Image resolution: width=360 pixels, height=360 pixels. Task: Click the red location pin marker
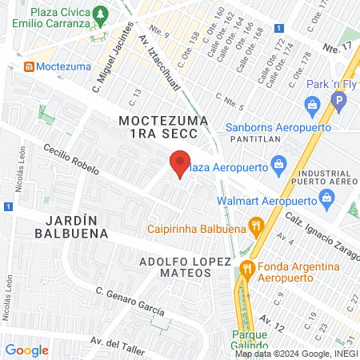180,163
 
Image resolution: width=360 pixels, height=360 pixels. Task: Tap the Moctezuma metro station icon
30,66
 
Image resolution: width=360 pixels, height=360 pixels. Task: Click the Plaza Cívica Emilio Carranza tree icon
99,14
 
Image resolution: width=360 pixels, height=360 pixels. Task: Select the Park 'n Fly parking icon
338,102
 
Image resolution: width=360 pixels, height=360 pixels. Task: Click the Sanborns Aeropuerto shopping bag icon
312,104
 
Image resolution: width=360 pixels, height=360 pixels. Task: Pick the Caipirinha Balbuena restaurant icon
255,225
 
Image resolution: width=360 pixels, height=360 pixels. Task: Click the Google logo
26,350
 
